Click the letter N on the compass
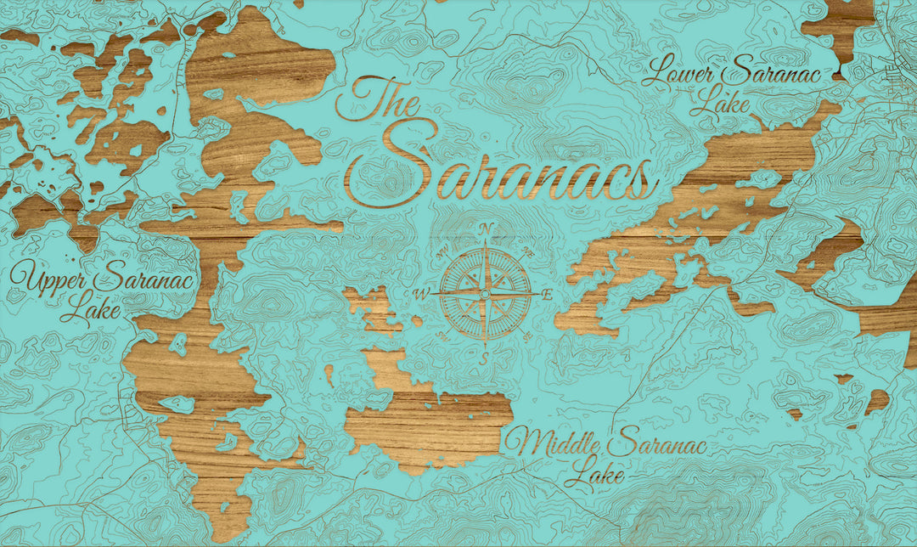coord(487,228)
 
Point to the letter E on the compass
coord(548,294)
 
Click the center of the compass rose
coord(485,294)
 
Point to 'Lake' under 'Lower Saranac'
coord(720,104)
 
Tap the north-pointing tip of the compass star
coord(486,242)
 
